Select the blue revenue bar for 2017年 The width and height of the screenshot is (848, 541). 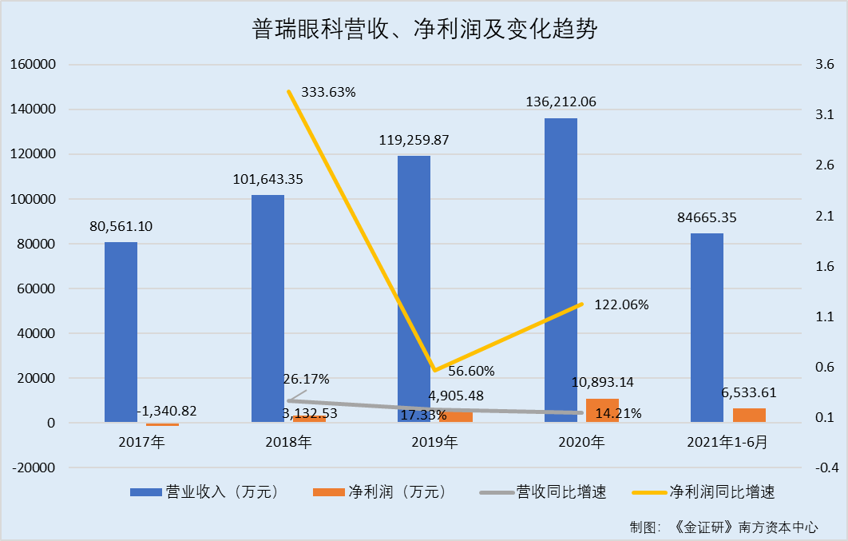121,332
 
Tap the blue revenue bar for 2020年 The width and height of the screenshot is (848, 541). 561,270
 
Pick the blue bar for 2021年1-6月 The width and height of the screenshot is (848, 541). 707,328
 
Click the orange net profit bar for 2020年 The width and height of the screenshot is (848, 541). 602,410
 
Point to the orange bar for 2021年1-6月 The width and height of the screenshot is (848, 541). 749,415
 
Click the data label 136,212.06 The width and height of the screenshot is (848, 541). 561,102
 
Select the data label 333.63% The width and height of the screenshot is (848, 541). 328,92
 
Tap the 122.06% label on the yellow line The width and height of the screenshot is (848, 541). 621,304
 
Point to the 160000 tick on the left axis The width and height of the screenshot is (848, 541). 32,65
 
